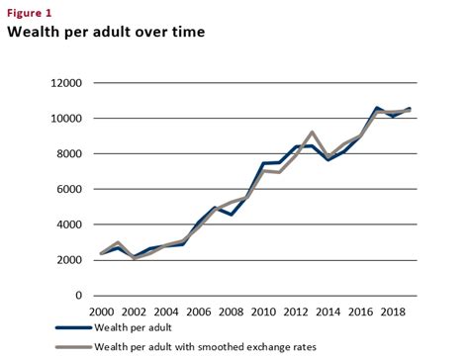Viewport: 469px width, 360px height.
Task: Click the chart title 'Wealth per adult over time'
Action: tap(106, 32)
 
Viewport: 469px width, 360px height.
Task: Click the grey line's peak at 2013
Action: tap(312, 133)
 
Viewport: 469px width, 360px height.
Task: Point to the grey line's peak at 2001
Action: tap(117, 242)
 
